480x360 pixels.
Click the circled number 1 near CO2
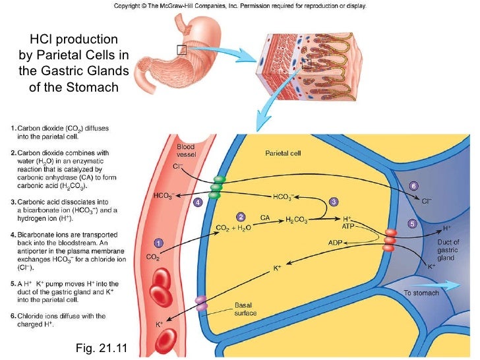point(158,242)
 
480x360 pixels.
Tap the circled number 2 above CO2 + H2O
point(241,216)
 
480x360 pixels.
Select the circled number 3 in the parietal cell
point(334,201)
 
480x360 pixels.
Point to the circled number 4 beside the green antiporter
point(197,203)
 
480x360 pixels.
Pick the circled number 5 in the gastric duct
point(412,224)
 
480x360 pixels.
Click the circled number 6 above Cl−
point(413,185)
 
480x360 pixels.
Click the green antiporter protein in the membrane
point(216,187)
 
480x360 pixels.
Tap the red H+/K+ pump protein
point(391,241)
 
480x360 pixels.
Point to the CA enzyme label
point(265,217)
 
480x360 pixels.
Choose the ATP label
point(348,226)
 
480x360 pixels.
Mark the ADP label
point(337,243)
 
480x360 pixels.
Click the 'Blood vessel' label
point(185,150)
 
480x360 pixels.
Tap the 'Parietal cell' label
point(283,154)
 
